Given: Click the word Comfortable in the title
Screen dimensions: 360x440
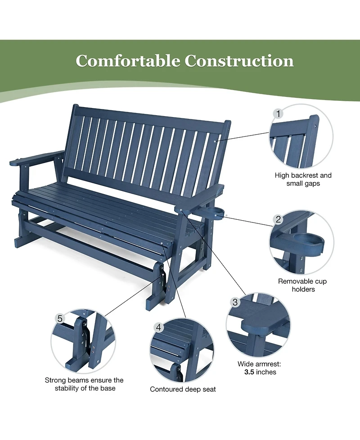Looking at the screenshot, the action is pyautogui.click(x=128, y=61).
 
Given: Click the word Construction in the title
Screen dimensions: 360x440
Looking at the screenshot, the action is pyautogui.click(x=239, y=61).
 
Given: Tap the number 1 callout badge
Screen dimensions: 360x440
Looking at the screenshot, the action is pyautogui.click(x=278, y=113).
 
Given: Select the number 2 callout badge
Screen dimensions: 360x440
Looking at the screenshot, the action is pyautogui.click(x=278, y=219).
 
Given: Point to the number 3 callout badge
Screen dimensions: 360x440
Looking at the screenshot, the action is pyautogui.click(x=235, y=302).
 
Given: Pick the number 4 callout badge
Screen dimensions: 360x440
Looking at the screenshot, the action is pyautogui.click(x=159, y=327).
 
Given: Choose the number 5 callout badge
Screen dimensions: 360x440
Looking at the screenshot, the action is pyautogui.click(x=60, y=318).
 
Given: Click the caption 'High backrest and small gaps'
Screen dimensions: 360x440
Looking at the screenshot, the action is pyautogui.click(x=303, y=179).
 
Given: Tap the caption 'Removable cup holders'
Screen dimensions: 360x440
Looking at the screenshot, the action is pyautogui.click(x=302, y=285).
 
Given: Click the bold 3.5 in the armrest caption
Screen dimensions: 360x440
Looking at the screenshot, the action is pyautogui.click(x=249, y=372).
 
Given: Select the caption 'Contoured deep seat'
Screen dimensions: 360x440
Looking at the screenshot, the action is pyautogui.click(x=183, y=390).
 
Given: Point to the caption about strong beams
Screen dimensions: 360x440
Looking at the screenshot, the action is pyautogui.click(x=84, y=384).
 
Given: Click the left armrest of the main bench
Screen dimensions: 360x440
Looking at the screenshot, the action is pyautogui.click(x=36, y=158).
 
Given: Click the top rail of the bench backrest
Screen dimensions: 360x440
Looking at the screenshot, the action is pyautogui.click(x=151, y=115).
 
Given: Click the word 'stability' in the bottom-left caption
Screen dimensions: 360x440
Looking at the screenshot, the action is pyautogui.click(x=67, y=388).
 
